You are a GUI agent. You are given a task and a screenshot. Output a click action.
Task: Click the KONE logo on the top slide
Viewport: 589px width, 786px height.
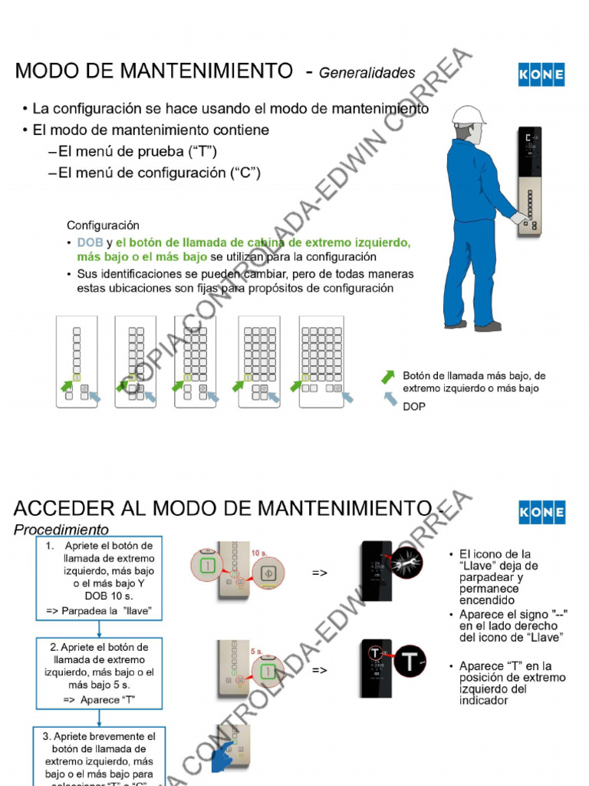541,74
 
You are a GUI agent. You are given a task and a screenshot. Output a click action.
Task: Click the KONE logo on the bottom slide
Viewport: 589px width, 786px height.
541,512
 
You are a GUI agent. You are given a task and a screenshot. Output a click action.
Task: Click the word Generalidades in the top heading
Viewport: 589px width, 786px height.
367,74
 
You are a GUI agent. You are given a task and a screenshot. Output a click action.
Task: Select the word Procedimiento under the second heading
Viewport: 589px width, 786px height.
61,530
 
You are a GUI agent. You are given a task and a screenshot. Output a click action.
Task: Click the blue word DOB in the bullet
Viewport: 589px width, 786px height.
89,243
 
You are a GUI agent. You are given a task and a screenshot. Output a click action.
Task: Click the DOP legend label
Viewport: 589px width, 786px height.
414,407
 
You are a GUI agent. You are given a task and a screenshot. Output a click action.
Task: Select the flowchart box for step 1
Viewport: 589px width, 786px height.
99,578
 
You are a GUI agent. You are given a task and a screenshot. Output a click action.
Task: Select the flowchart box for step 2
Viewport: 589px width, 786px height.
99,674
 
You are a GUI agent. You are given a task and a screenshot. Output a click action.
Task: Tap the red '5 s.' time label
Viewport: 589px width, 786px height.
257,651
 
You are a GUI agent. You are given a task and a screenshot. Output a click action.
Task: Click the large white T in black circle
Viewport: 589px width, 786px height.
412,659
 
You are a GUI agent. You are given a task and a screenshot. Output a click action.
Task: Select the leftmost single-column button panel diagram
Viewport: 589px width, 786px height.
77,361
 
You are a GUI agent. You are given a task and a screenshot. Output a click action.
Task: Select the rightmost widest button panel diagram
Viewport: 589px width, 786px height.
321,361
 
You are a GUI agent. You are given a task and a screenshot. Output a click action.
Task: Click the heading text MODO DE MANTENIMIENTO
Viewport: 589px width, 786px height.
154,71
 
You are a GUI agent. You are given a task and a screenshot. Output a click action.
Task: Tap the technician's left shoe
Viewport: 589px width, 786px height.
456,324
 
